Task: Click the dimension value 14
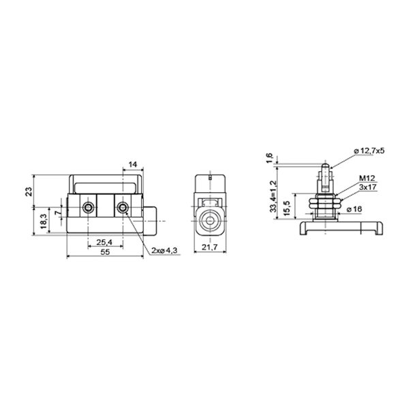coord(133,164)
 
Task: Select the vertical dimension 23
coord(29,192)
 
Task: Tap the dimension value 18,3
coord(44,221)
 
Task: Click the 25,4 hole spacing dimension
coord(104,242)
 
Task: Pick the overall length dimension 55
coord(106,252)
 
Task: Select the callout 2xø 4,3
coord(165,251)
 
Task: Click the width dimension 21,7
coord(210,247)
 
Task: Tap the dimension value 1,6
coord(269,158)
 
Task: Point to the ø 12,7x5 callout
coord(369,151)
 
